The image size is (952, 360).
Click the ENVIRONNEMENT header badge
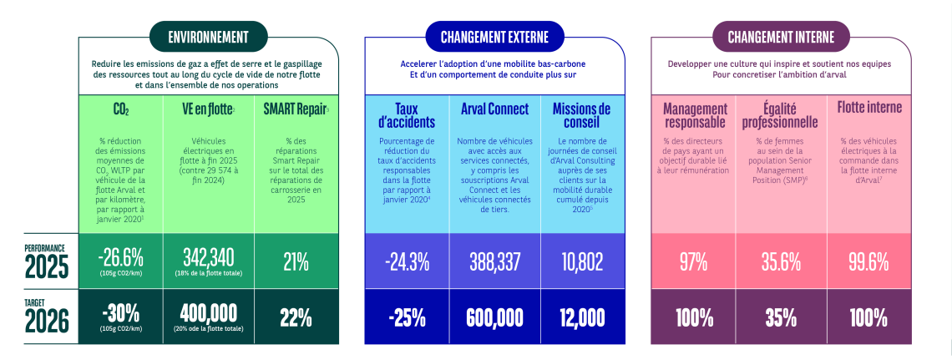(208, 37)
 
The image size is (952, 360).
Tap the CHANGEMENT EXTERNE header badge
(494, 37)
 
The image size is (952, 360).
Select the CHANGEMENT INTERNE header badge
(781, 37)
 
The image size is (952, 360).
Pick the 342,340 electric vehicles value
(209, 259)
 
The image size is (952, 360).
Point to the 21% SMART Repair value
(296, 261)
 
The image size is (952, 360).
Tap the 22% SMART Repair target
(296, 317)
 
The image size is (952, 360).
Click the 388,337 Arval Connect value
(495, 261)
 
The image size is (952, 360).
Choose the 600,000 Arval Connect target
(495, 317)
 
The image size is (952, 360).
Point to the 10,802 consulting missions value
(582, 261)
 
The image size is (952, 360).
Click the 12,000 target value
(582, 317)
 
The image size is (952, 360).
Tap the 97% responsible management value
(693, 261)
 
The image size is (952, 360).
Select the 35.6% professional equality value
(781, 261)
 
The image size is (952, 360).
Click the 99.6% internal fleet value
(868, 261)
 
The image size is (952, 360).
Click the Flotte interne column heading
(868, 108)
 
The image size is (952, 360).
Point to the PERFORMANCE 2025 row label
(46, 262)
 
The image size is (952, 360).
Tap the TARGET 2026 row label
(46, 317)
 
